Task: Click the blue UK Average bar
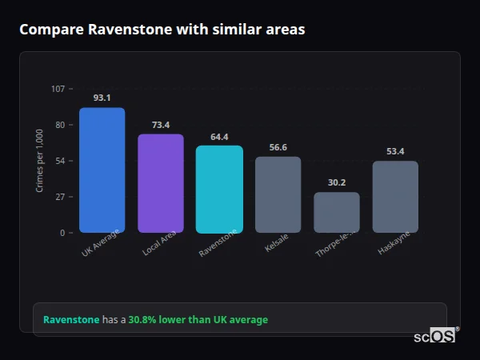coord(102,170)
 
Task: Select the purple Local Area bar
coord(161,183)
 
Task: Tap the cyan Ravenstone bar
coord(219,189)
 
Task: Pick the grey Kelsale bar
coord(278,194)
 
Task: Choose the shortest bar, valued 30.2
coord(337,212)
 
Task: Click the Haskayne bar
coord(395,197)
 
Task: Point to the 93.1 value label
coord(102,98)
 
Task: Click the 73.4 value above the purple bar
coord(161,125)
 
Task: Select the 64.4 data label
coord(219,137)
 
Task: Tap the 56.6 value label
coord(278,147)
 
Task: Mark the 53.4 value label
coord(395,151)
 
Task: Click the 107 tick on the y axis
coord(58,88)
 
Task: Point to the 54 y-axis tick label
coord(60,161)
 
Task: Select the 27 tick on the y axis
coord(60,197)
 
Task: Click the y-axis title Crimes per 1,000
coord(40,161)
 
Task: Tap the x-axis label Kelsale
coord(276,243)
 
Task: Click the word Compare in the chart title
coord(51,30)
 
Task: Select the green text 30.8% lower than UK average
coord(198,320)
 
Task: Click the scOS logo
coord(434,336)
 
